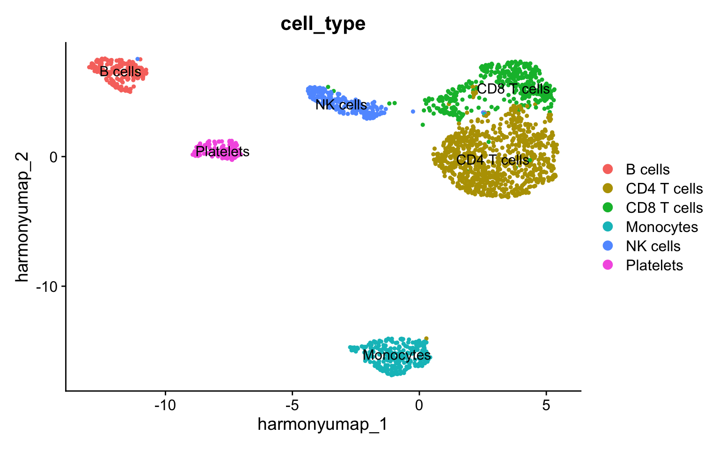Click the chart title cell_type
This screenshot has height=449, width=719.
click(323, 23)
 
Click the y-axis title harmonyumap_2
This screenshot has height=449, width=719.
click(22, 217)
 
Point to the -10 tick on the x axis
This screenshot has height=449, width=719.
click(165, 404)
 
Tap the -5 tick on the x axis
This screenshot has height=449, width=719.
click(292, 404)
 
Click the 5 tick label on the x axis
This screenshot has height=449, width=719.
click(546, 404)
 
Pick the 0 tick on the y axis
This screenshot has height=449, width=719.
click(53, 157)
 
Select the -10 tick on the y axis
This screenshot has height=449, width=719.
click(47, 286)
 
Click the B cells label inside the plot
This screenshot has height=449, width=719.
click(120, 72)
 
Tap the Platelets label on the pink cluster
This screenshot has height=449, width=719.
click(222, 152)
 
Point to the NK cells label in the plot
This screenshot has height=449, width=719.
click(341, 105)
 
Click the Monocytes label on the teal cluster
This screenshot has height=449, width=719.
click(396, 355)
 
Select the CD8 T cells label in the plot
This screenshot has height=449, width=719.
click(513, 89)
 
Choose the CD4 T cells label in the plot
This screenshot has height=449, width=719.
click(492, 160)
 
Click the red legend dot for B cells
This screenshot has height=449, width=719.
click(608, 169)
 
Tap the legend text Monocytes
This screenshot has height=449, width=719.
click(661, 227)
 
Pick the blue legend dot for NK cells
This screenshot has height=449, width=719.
click(608, 246)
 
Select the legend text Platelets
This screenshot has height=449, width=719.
click(654, 265)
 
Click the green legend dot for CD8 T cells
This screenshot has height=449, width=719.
click(608, 208)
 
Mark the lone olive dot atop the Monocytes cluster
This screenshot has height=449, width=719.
click(426, 339)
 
